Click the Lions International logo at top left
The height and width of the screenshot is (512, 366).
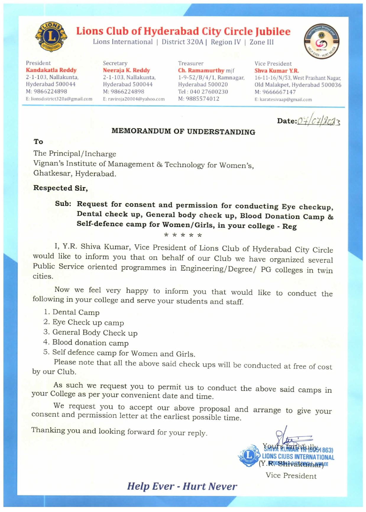pos(51,37)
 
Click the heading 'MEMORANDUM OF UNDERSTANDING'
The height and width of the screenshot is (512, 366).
pos(183,132)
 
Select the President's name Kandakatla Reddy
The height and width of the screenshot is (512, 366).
pos(51,70)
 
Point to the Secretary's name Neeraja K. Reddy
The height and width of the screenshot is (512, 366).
pos(126,71)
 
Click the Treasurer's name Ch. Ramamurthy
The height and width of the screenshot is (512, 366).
pos(201,71)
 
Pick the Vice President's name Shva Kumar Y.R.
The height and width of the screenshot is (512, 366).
pos(276,71)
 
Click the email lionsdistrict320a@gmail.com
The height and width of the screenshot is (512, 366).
pos(59,99)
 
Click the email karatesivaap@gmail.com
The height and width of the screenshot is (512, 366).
pos(283,100)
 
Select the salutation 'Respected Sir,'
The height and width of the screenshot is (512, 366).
pos(60,188)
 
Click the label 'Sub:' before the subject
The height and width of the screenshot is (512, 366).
pos(63,204)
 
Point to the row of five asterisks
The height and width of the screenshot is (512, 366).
pos(183,236)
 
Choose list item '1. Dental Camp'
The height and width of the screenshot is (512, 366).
pos(72,312)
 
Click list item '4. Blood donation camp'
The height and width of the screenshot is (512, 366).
pos(86,343)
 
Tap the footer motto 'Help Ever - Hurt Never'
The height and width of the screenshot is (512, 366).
pos(182,486)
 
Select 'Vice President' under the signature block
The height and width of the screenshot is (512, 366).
pos(291,476)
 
